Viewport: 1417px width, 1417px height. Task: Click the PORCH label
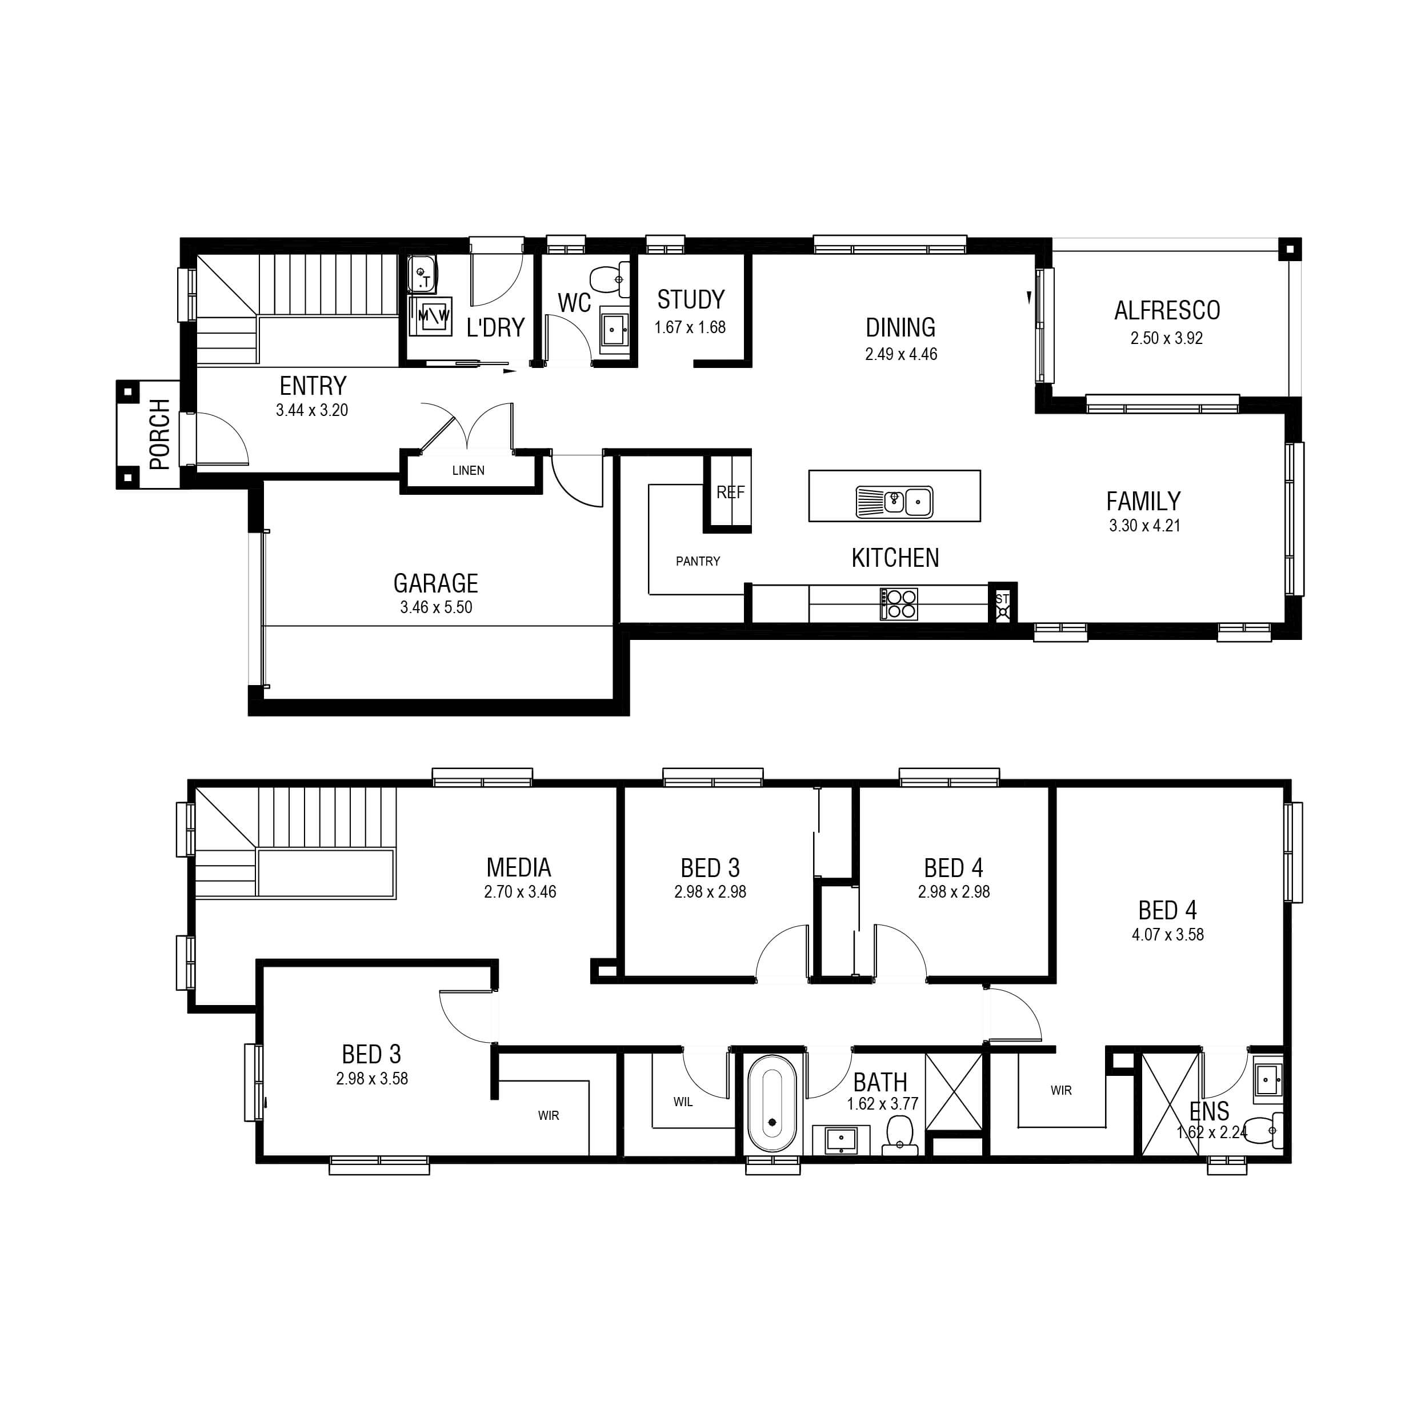tap(159, 434)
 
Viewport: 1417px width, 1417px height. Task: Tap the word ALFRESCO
tap(1167, 310)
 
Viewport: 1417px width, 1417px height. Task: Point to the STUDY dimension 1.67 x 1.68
tap(690, 327)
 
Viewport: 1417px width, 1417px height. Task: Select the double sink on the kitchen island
tap(894, 502)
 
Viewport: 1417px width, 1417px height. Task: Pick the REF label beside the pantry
tap(731, 492)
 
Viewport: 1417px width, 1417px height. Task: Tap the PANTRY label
tap(698, 561)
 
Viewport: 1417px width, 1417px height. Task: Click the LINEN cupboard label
tap(468, 470)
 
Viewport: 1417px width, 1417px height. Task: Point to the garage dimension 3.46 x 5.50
tap(437, 607)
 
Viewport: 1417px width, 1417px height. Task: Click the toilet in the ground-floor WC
tap(609, 279)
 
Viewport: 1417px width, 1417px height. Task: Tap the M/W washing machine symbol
tap(433, 316)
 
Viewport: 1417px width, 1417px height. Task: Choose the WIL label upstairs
tap(683, 1102)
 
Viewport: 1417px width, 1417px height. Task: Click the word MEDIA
tap(519, 868)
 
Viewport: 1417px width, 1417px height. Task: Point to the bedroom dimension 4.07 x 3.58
tap(1168, 934)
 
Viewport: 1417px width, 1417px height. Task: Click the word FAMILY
tap(1143, 501)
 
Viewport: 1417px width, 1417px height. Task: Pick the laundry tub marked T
tap(422, 274)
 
